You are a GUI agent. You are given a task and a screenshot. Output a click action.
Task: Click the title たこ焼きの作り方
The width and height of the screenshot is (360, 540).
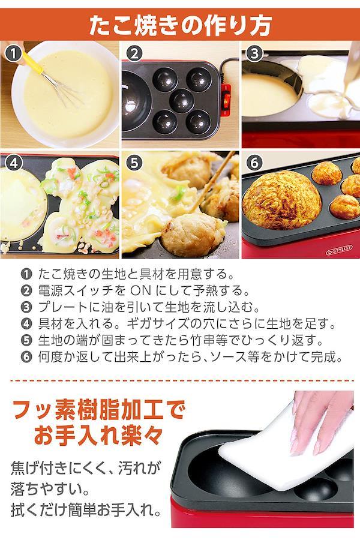coord(180,25)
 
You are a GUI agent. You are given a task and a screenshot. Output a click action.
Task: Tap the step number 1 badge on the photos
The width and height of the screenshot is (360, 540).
coord(13,54)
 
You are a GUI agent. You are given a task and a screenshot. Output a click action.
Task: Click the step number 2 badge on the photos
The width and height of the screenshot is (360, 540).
coord(134,54)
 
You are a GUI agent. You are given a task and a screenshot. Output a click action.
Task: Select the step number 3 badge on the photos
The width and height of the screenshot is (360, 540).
coord(254,54)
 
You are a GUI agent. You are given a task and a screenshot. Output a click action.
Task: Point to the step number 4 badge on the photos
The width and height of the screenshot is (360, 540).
coord(13,163)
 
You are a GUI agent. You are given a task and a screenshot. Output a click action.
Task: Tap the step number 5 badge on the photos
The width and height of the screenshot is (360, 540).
coord(134,163)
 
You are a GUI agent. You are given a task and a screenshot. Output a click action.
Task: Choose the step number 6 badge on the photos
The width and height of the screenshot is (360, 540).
coord(254,163)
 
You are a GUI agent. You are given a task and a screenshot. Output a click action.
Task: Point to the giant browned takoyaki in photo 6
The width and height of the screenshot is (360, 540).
coord(282,200)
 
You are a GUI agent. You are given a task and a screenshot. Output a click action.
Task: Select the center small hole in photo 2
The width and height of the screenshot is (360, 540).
coord(182,101)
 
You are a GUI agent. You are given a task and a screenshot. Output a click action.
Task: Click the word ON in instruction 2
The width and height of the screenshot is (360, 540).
coord(141,290)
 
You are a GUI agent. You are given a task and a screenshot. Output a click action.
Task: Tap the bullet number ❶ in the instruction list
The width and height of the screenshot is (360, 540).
coord(26,274)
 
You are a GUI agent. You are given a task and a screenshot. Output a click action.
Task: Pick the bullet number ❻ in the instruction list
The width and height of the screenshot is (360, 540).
coord(26,357)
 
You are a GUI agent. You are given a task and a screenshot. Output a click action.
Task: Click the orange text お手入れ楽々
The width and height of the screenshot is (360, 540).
coord(98,436)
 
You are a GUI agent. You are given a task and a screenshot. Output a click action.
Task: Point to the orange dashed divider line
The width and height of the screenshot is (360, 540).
coord(182,380)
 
